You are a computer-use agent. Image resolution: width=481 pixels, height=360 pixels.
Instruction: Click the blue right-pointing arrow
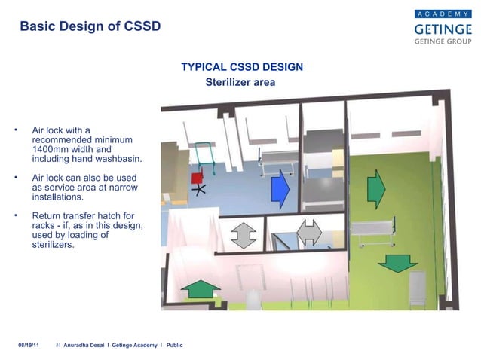click(x=280, y=189)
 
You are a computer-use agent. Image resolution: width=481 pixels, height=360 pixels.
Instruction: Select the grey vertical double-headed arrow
click(x=242, y=234)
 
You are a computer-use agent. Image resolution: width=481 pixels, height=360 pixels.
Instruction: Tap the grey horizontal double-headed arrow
click(x=309, y=232)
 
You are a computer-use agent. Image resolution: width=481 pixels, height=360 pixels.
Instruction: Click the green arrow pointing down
click(x=397, y=263)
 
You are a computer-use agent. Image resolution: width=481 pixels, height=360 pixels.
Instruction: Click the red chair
click(x=198, y=178)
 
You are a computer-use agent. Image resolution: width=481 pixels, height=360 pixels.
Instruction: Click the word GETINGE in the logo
click(x=443, y=29)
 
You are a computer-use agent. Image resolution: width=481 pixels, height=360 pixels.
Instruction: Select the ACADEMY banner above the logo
click(x=443, y=14)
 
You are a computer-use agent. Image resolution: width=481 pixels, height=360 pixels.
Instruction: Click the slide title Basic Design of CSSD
click(x=90, y=26)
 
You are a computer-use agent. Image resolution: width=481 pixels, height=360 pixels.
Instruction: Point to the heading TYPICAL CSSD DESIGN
click(x=242, y=67)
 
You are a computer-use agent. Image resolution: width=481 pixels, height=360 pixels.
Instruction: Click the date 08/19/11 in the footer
click(x=29, y=345)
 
